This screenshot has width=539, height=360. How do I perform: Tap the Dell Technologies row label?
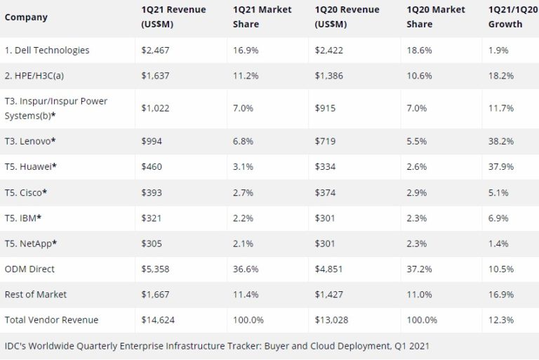tap(47, 51)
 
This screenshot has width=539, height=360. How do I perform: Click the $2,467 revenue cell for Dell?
tap(156, 51)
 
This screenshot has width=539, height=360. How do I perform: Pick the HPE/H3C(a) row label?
tap(36, 76)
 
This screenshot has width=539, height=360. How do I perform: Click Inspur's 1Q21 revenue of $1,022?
tap(156, 108)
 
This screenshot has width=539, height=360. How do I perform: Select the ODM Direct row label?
tap(29, 269)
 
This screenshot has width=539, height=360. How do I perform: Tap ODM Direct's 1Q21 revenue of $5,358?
tap(156, 269)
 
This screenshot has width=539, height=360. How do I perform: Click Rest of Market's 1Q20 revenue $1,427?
tap(329, 295)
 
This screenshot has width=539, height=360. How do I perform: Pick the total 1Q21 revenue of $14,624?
tap(159, 320)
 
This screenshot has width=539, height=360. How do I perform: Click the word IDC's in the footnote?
tap(15, 346)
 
